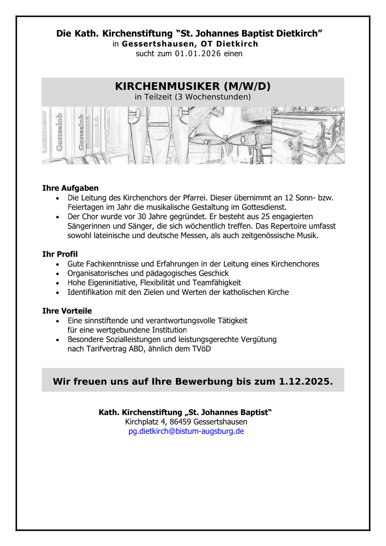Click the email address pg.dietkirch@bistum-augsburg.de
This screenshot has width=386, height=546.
tap(186, 431)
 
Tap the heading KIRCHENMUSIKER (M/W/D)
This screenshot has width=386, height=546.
tap(192, 87)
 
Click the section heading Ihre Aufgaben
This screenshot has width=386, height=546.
tap(70, 188)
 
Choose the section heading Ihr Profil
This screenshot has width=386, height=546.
tap(60, 254)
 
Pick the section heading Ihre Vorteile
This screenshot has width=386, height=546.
tap(67, 311)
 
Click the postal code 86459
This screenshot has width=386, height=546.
tap(182, 422)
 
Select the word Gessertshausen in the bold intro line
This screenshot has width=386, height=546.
tap(156, 44)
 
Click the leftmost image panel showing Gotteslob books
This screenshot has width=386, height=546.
tap(84, 136)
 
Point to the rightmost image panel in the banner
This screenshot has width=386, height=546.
tap(308, 136)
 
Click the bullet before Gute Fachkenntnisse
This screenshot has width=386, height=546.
tap(58, 264)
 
